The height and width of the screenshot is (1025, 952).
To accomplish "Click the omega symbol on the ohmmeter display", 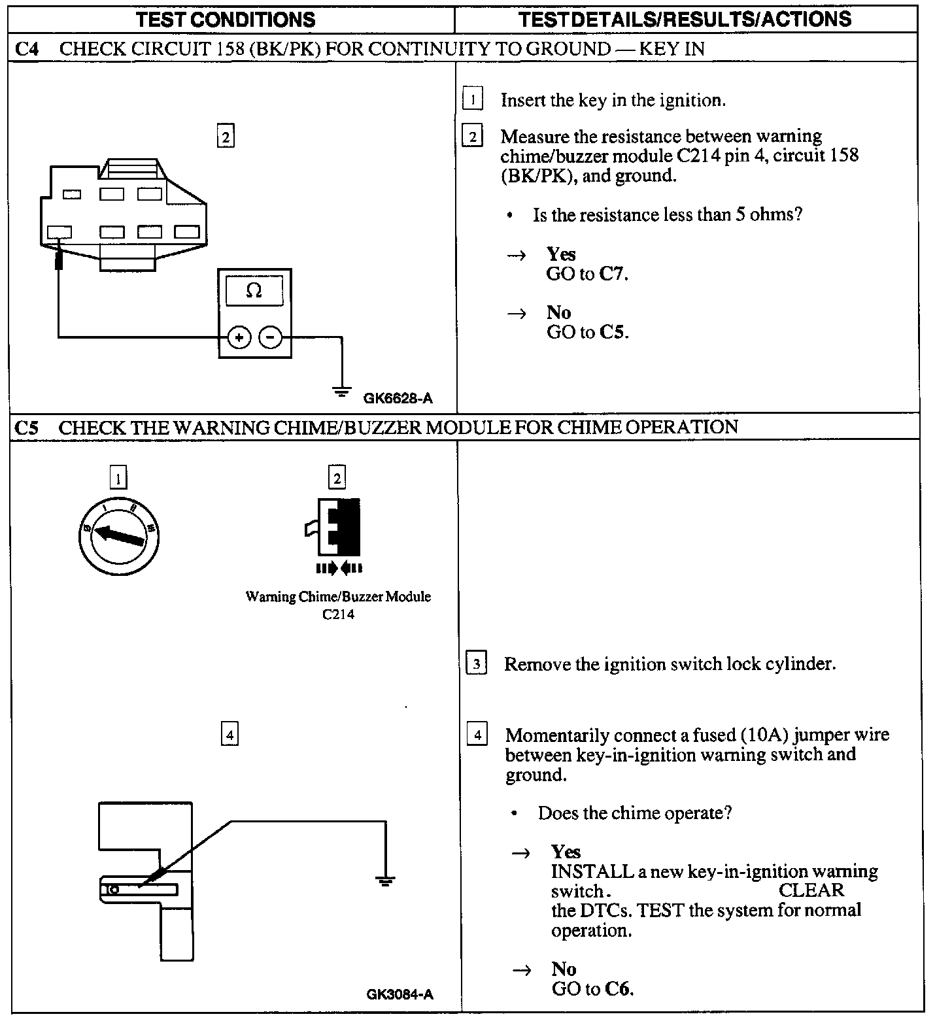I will coord(254,290).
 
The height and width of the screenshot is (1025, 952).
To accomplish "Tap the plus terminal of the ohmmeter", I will coord(239,337).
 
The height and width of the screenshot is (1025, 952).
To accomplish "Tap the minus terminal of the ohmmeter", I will coord(271,337).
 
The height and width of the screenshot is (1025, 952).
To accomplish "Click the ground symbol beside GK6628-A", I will coord(341,392).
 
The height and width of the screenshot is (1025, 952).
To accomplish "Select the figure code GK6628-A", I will coord(398,397).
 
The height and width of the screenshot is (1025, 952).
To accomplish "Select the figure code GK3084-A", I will coord(399,995).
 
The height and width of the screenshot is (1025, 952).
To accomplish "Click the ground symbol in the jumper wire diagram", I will coord(385,880).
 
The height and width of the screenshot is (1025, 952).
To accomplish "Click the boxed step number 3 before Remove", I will coord(476,664).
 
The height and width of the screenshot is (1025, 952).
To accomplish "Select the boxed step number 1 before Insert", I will coord(472,100).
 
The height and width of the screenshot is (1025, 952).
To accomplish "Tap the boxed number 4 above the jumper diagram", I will coord(229,735).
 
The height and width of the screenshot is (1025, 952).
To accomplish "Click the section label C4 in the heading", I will coord(26,49).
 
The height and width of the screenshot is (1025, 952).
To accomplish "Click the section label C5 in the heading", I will coord(26,428).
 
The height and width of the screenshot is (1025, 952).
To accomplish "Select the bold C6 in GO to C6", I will coord(619,988).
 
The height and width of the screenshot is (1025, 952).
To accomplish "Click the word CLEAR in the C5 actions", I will coord(811,890).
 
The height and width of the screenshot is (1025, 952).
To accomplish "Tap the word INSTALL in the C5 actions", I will coord(583,871).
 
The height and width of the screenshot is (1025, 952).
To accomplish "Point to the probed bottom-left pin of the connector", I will coord(59,232).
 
